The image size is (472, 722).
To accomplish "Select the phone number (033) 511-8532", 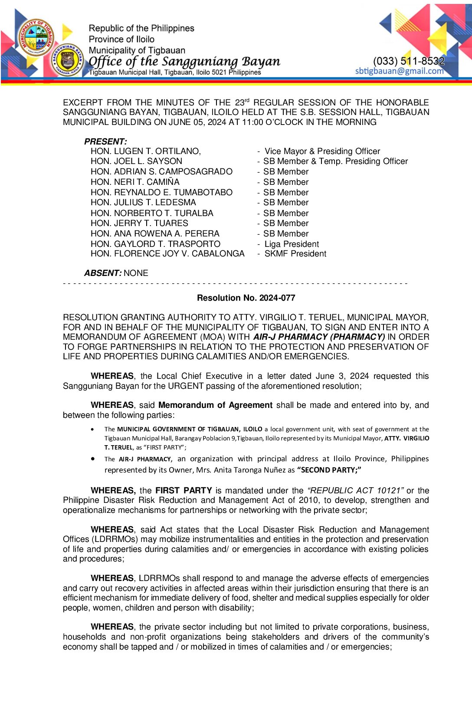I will pyautogui.click(x=409, y=61).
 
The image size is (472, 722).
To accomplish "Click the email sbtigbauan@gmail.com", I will pyautogui.click(x=399, y=71).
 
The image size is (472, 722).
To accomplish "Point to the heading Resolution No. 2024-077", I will pyautogui.click(x=246, y=298).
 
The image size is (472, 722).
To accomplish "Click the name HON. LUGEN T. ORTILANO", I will pyautogui.click(x=145, y=151).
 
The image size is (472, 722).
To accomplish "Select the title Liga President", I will pyautogui.click(x=292, y=244).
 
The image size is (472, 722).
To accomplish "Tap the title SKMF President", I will pyautogui.click(x=295, y=254).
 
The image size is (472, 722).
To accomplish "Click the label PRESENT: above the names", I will pyautogui.click(x=105, y=141).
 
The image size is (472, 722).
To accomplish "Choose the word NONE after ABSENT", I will pyautogui.click(x=136, y=273).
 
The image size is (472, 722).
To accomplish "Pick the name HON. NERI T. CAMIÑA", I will pyautogui.click(x=135, y=182).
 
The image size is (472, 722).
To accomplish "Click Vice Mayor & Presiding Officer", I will pyautogui.click(x=322, y=151).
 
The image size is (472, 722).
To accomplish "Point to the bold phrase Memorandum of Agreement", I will pyautogui.click(x=215, y=405).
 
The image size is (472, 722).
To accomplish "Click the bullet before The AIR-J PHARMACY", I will pyautogui.click(x=93, y=459).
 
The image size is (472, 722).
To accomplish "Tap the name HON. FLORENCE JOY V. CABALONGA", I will pyautogui.click(x=167, y=254).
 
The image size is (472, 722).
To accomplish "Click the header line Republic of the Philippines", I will pyautogui.click(x=141, y=28).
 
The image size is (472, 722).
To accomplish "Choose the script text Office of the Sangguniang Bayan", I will pyautogui.click(x=184, y=61).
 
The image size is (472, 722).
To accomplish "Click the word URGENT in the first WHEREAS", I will pyautogui.click(x=186, y=386).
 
